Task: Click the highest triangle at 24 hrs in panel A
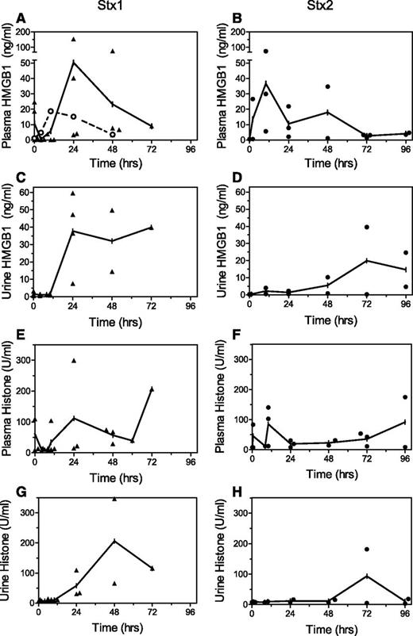point(74,39)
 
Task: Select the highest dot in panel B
point(265,51)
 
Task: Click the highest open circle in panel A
point(51,112)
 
